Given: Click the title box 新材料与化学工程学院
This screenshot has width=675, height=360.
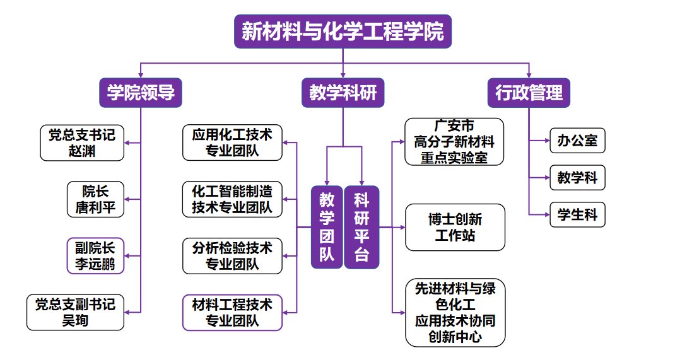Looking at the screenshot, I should coord(343,32).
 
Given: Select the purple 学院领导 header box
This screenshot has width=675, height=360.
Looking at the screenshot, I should coord(141,93).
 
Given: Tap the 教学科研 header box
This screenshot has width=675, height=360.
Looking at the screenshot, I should coord(343,93).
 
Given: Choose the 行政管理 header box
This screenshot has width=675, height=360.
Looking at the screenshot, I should coord(529,93).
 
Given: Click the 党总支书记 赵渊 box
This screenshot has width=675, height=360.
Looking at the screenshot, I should coord(82,142).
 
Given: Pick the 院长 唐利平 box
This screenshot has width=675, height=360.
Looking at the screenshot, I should coord(96,199).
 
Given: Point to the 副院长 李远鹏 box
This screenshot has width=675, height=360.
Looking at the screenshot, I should coord(96,255).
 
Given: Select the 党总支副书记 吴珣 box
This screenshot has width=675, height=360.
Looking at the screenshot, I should coord(76,312).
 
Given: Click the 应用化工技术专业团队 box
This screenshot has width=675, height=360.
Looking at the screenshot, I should coord(232,142).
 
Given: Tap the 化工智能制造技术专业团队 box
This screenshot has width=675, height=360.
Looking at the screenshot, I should coord(232,199).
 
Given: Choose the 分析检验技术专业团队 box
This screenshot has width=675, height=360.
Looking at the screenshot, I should coord(232,255).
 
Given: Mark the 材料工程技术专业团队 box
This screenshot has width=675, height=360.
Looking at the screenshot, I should coord(232,312).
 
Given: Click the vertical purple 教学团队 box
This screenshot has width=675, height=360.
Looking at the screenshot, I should coord(327,227).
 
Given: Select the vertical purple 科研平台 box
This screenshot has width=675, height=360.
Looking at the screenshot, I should coord(361,227).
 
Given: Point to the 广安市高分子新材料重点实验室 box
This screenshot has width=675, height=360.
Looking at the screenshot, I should coord(454,142).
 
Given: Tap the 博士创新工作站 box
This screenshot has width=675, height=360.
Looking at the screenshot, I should coord(455,227).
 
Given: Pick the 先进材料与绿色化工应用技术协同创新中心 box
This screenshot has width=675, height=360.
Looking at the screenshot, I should coord(455,313).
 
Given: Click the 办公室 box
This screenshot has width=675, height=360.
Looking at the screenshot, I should coord(577,140).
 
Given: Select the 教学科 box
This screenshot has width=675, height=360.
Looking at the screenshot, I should coord(577,178).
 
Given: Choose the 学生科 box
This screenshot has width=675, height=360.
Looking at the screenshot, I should coord(577,215).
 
